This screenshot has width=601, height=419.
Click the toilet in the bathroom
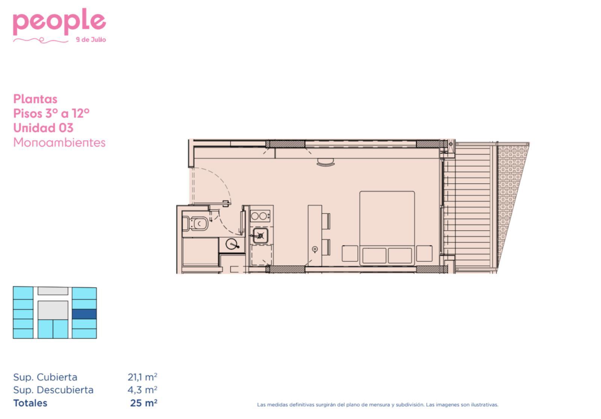pyautogui.click(x=195, y=224)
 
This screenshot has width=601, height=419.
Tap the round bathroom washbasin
pyautogui.click(x=232, y=244)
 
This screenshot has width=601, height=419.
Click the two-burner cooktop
pyautogui.click(x=260, y=216)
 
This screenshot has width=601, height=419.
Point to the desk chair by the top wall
pyautogui.click(x=325, y=162)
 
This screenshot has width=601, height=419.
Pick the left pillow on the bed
pyautogui.click(x=374, y=255)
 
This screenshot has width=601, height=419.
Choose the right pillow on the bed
pyautogui.click(x=400, y=255)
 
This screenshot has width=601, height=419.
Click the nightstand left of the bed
pyautogui.click(x=350, y=253)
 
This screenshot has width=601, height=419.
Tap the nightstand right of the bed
pyautogui.click(x=424, y=253)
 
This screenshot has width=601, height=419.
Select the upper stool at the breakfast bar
pyautogui.click(x=326, y=221)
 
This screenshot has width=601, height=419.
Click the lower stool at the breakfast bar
pyautogui.click(x=326, y=247)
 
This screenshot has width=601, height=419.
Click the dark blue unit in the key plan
pyautogui.click(x=84, y=314)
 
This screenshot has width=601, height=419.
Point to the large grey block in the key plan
pyautogui.click(x=53, y=310)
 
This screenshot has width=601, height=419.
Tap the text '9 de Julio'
pyautogui.click(x=91, y=40)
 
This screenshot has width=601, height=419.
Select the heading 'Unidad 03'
pyautogui.click(x=43, y=128)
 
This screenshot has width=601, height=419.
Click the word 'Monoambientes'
pyautogui.click(x=59, y=142)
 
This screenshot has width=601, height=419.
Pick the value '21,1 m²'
pyautogui.click(x=142, y=377)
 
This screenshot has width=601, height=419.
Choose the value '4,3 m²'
pyautogui.click(x=142, y=390)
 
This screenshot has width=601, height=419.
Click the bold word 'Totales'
pyautogui.click(x=30, y=403)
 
